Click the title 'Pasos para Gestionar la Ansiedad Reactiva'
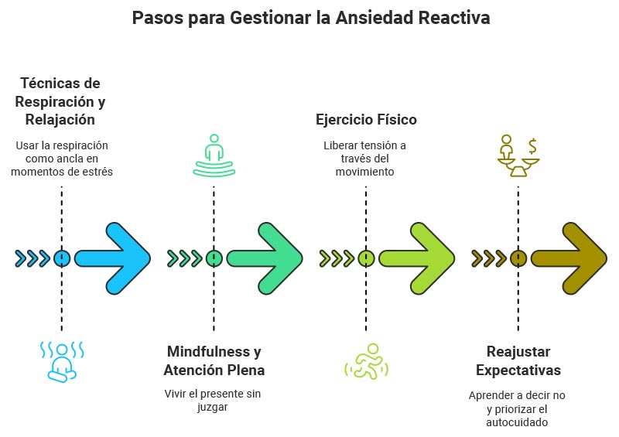tap(310, 18)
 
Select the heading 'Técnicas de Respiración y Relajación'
tap(60, 101)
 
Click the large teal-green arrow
tap(267, 258)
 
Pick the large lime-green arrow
tap(419, 258)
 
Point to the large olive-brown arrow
tap(571, 258)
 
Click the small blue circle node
tap(62, 258)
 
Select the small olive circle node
tap(518, 258)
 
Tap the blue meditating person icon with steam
tap(61, 361)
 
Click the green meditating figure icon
tap(214, 156)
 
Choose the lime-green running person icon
tap(366, 361)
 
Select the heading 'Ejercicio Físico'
tap(366, 120)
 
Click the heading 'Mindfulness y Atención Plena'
tap(214, 361)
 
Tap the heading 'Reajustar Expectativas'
tap(518, 361)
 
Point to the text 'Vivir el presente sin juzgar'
tap(213, 401)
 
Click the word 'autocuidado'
tap(517, 423)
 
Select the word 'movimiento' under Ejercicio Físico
tap(366, 172)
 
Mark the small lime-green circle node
tap(366, 258)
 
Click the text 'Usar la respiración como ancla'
tap(61, 152)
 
